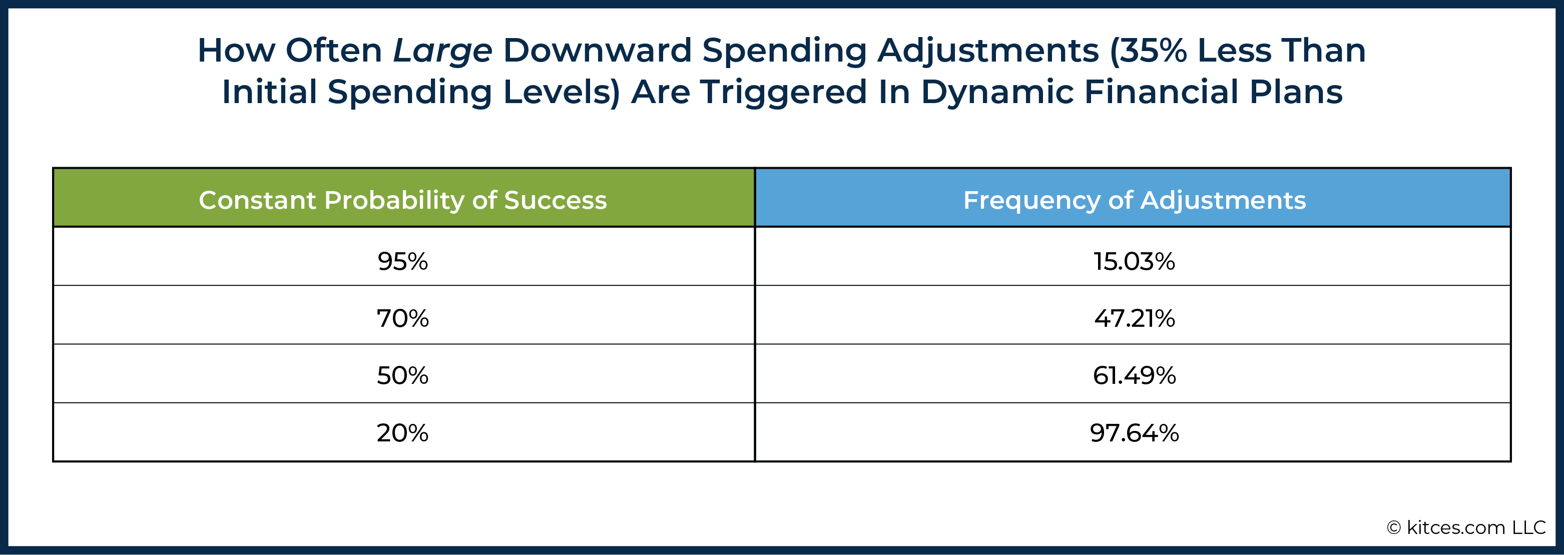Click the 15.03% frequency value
pos(1134,261)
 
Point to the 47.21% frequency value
pos(1134,318)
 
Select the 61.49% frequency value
pos(1134,375)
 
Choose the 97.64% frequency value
pos(1134,432)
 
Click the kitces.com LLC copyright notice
pos(1465,527)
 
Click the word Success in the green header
pos(556,200)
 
